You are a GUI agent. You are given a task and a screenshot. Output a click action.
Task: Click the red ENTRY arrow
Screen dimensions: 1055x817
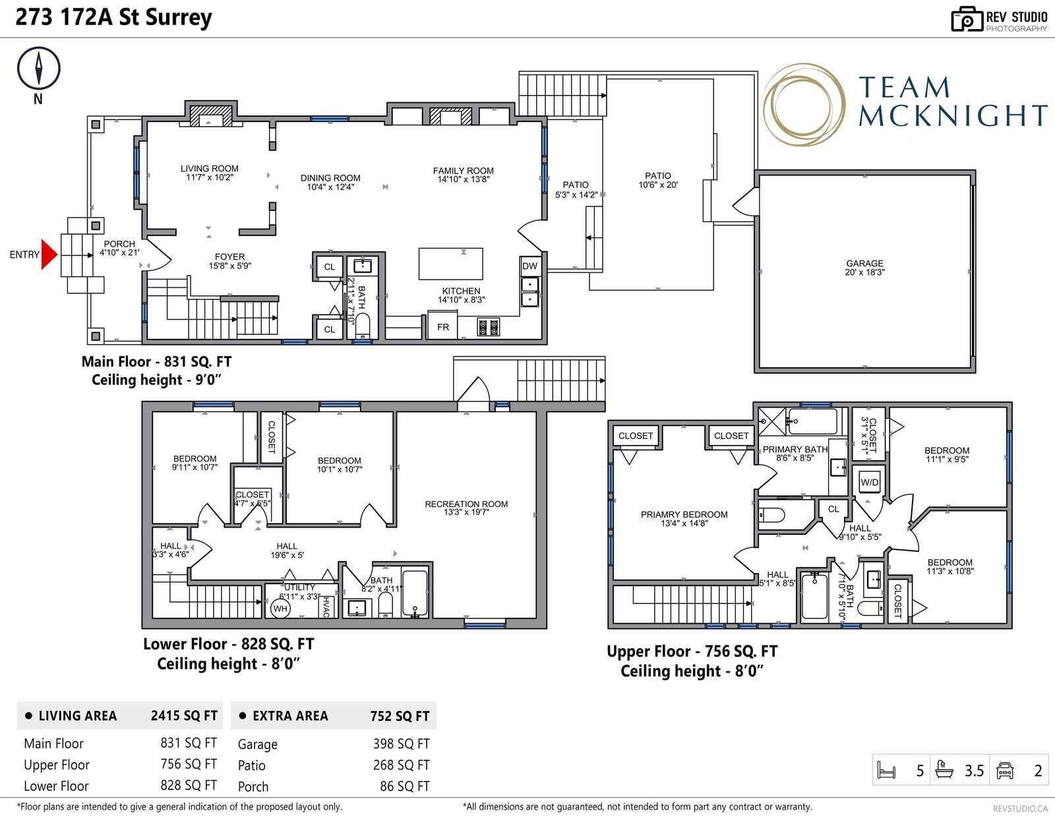[x=49, y=255]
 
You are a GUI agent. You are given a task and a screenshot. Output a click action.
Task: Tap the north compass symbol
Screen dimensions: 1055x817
[x=39, y=69]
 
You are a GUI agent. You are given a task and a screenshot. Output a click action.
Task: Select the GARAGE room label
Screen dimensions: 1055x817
[x=864, y=264]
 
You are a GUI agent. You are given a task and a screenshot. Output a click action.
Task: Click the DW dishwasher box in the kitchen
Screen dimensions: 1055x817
[x=529, y=266]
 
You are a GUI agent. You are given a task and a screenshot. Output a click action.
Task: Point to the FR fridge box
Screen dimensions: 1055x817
[x=443, y=327]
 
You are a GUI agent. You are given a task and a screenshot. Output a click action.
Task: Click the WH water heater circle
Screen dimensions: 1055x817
[x=280, y=609]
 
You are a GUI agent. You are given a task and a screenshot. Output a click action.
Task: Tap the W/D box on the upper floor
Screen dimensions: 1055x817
[x=869, y=482]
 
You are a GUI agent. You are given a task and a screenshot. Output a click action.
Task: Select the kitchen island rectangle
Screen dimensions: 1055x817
[x=450, y=264]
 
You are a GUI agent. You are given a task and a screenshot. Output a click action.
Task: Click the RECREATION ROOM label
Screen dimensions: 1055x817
[x=466, y=504]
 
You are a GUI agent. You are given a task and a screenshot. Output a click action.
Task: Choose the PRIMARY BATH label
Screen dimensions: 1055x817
[x=795, y=449]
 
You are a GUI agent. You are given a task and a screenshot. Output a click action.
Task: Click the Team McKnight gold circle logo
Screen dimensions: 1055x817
[x=804, y=104]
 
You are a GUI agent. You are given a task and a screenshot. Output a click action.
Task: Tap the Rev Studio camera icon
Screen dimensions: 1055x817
[x=967, y=19]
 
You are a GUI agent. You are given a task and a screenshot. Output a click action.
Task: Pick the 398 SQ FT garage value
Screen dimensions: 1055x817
[x=401, y=744]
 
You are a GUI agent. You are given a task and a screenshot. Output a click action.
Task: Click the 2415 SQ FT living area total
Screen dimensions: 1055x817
[x=184, y=715]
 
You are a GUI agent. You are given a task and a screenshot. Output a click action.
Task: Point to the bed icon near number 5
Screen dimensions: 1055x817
[x=886, y=770]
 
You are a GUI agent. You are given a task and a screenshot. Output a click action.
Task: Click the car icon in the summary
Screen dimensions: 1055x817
[x=1004, y=770]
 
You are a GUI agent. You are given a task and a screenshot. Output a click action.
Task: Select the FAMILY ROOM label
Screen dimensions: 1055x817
[x=463, y=171]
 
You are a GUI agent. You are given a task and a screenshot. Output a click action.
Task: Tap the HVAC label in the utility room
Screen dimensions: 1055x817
[x=326, y=607]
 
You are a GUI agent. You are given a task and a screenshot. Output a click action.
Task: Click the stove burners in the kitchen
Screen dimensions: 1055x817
[x=488, y=327]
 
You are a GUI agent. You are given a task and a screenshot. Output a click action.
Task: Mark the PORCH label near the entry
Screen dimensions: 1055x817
[x=119, y=244]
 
